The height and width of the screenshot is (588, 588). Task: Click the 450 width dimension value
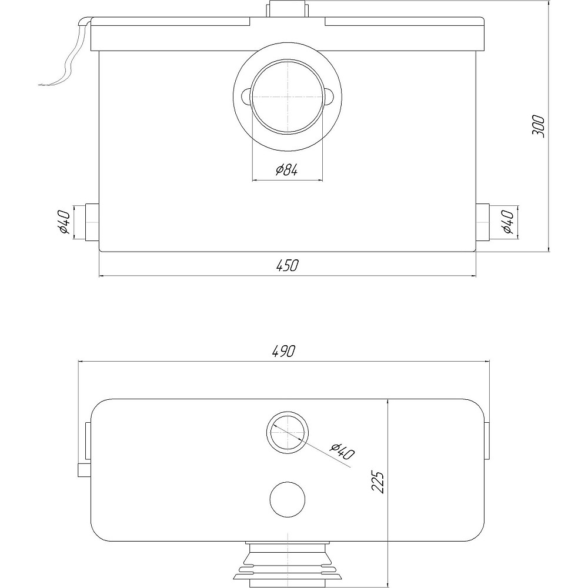[288, 265]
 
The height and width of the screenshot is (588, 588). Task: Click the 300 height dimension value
[538, 126]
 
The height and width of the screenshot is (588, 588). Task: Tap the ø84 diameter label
[287, 171]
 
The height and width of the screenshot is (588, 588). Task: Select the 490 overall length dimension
[284, 351]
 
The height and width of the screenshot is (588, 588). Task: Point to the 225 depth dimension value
[378, 482]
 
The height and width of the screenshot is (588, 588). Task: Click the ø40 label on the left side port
[64, 222]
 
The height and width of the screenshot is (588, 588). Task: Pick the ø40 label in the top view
[342, 452]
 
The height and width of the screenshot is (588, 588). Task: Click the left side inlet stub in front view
[92, 222]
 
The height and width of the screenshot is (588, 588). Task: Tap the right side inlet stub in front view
[483, 222]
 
